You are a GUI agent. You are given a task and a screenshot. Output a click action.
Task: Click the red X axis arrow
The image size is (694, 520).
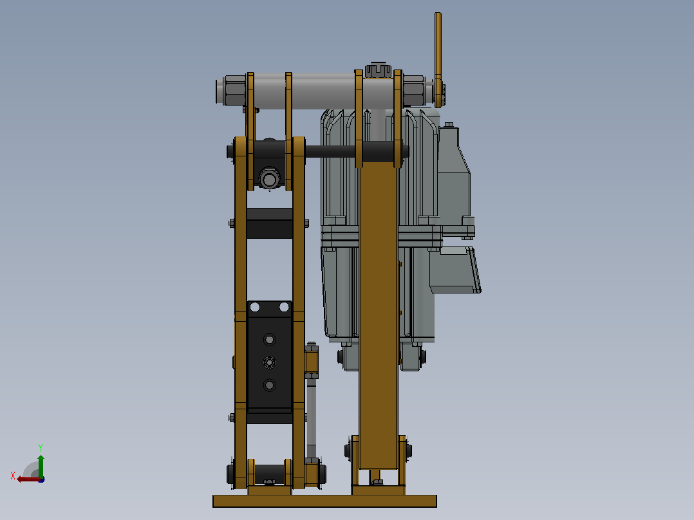[29, 479]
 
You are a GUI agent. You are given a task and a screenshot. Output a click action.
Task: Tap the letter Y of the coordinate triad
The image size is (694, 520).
[41, 447]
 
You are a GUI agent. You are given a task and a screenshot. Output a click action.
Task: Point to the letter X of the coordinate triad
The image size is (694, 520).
[13, 476]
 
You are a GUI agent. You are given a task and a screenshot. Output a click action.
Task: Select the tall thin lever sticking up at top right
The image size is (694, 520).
[438, 60]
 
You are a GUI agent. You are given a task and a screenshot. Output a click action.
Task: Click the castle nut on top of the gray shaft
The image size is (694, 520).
[378, 70]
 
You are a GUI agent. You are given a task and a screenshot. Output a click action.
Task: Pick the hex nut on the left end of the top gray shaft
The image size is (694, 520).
[234, 90]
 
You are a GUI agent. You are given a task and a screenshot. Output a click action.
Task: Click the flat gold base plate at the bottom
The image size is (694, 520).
[324, 501]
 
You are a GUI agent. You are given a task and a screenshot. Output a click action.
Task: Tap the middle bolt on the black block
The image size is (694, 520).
[270, 362]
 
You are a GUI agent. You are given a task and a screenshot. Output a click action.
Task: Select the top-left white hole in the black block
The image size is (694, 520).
[255, 307]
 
